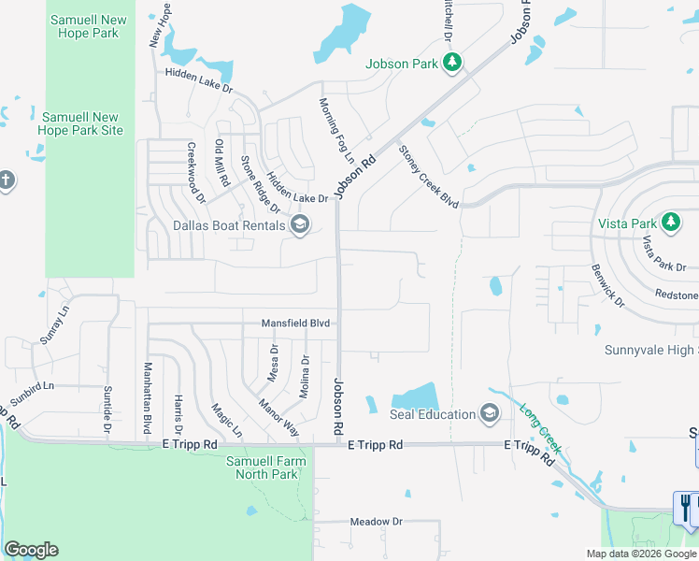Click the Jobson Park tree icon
tap(451, 63)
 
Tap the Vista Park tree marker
tap(669, 223)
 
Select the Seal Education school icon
tap(489, 414)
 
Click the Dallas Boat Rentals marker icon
tap(300, 224)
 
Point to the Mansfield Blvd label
tap(296, 323)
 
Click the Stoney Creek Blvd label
tap(429, 176)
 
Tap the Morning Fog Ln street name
tap(332, 129)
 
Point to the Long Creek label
tap(537, 424)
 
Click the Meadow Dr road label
tap(376, 522)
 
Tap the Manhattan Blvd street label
tap(147, 398)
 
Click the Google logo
tap(31, 550)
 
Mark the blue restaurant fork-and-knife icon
tap(685, 508)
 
